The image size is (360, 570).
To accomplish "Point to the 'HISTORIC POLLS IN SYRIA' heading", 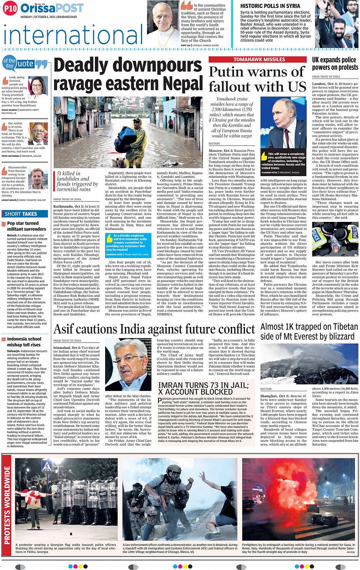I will tap(270, 6).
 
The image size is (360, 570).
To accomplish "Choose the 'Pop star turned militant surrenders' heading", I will tap(26, 226).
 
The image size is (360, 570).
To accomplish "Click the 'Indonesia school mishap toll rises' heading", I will tap(24, 342).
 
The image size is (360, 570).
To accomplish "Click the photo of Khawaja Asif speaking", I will tap(129, 365).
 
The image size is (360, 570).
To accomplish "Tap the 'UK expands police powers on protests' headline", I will tap(335, 64).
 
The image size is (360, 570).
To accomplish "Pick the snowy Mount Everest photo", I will tap(309, 364).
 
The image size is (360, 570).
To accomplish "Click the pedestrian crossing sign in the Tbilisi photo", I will tap(46, 467).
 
